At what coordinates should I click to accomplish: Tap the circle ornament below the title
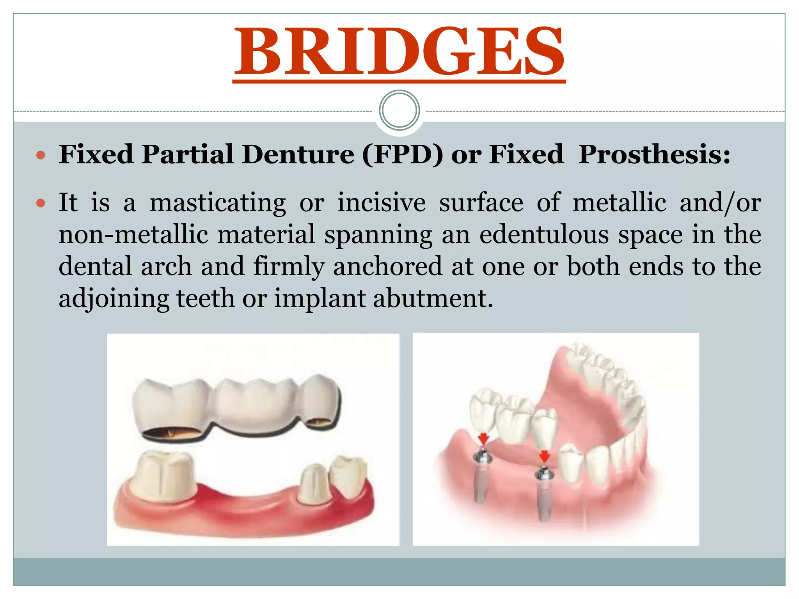coord(399,110)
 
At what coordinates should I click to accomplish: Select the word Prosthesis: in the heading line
coord(654,154)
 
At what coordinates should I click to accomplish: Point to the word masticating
coord(218,203)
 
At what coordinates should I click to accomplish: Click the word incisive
coord(381,203)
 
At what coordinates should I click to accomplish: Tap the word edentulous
coord(544,235)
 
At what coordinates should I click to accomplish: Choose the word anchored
coord(388,267)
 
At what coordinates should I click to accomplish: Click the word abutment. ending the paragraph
coord(433,299)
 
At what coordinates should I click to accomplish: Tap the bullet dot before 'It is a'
coord(41,204)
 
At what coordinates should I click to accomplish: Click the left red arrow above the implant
coord(483,439)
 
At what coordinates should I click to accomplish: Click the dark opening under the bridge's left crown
coord(172,433)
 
